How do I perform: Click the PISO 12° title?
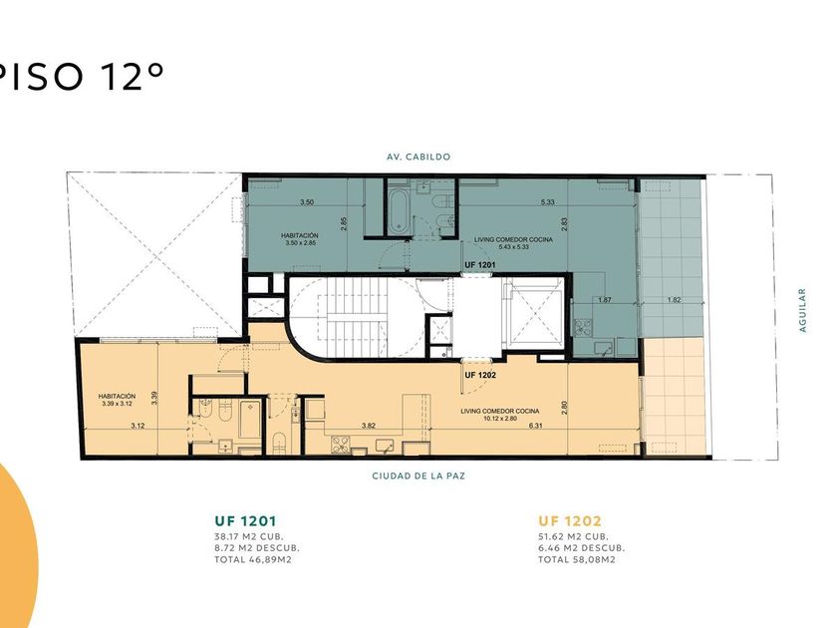pos(80,76)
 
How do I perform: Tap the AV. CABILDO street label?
pos(418,157)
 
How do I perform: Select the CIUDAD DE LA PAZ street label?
pos(418,475)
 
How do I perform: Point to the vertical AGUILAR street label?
pos(802,310)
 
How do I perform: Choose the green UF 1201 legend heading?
pos(245,520)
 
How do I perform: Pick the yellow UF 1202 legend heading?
pos(570,520)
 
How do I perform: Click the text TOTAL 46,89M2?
pos(253,559)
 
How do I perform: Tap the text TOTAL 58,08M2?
pos(577,559)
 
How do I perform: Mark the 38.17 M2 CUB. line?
pos(249,536)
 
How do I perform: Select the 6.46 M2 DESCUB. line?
pos(581,548)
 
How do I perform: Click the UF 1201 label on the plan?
pos(480,265)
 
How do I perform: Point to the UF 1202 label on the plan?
pos(480,375)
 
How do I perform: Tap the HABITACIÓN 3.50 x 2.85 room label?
pos(300,239)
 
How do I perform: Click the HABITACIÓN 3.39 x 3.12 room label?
pos(117,400)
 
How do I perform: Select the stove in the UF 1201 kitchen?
pos(582,326)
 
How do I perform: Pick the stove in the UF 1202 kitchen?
pos(341,445)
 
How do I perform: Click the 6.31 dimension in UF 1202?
pos(535,426)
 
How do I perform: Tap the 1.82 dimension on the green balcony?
pos(674,300)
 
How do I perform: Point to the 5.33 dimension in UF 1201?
pos(548,201)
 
